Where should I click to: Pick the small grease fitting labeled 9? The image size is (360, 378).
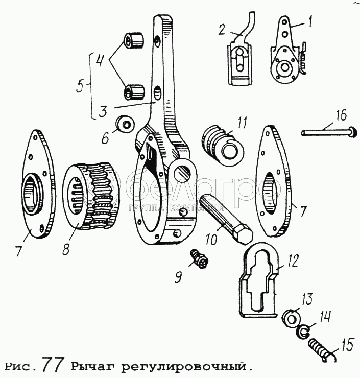coord(199,259)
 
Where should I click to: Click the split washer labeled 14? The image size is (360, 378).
coord(302,332)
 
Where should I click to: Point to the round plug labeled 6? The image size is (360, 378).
coord(125,124)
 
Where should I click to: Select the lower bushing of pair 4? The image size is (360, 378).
coord(134,91)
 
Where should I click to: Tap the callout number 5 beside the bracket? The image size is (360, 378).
coord(81,86)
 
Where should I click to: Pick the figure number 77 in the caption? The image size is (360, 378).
coord(53,364)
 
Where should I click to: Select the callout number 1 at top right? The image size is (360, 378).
coord(310,21)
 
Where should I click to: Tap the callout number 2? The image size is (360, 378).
coord(222,30)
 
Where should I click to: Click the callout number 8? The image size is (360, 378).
coord(66,249)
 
